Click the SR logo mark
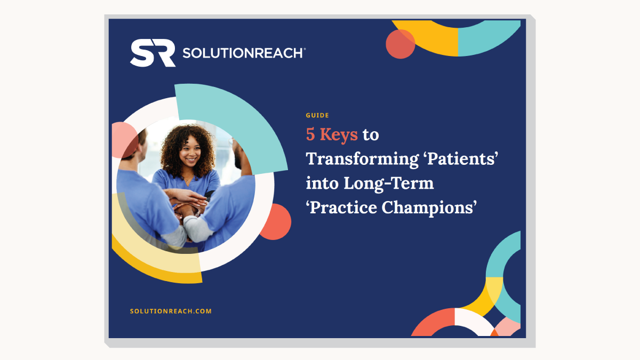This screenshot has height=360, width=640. coord(153,53)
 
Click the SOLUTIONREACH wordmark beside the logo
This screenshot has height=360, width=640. coord(244,53)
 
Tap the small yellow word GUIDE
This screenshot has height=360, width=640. coord(317,115)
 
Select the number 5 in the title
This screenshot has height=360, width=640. coord(310,134)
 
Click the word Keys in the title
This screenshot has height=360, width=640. coord(339,135)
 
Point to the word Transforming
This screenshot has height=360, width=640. coord(362,159)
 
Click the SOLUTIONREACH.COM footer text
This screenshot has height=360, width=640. coord(171,311)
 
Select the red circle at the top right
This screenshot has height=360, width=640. coord(401,44)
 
